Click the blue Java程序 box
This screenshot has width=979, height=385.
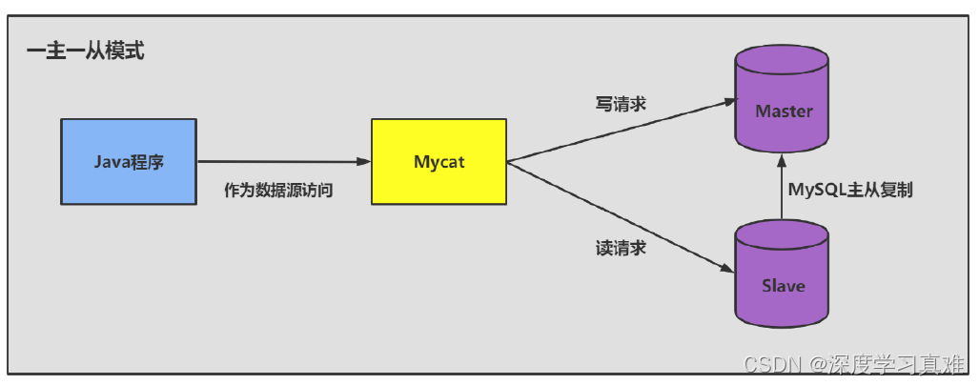tap(129, 160)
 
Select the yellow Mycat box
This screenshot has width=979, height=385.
tap(439, 160)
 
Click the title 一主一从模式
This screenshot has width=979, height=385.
tap(85, 51)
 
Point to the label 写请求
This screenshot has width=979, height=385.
tap(621, 104)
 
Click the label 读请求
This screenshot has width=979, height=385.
tap(621, 249)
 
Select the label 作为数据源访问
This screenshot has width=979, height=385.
tap(278, 191)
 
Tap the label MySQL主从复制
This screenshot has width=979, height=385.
tap(850, 190)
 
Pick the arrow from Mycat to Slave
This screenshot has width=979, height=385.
tap(620, 217)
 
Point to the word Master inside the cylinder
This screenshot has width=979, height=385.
tap(784, 111)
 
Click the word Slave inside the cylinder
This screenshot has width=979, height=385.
tap(784, 286)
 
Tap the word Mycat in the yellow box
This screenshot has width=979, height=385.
tap(439, 161)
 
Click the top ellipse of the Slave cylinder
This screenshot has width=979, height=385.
tap(784, 233)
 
